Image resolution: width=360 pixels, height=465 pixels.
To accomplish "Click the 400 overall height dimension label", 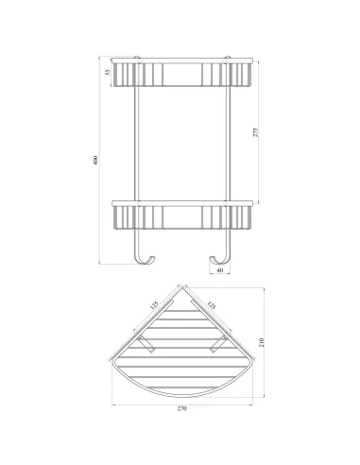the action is click(95, 161).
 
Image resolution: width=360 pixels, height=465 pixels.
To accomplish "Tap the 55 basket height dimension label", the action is click(108, 72).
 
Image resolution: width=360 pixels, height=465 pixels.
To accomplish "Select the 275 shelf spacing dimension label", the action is click(256, 132).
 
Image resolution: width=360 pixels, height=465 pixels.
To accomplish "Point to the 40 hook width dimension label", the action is click(220, 270).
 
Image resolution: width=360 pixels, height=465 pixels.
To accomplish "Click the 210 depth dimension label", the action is click(262, 342).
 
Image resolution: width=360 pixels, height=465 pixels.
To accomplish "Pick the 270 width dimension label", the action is click(182, 408).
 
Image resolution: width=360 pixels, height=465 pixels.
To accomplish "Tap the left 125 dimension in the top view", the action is click(154, 305).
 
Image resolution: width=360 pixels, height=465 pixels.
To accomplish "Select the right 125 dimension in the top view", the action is click(211, 305).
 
